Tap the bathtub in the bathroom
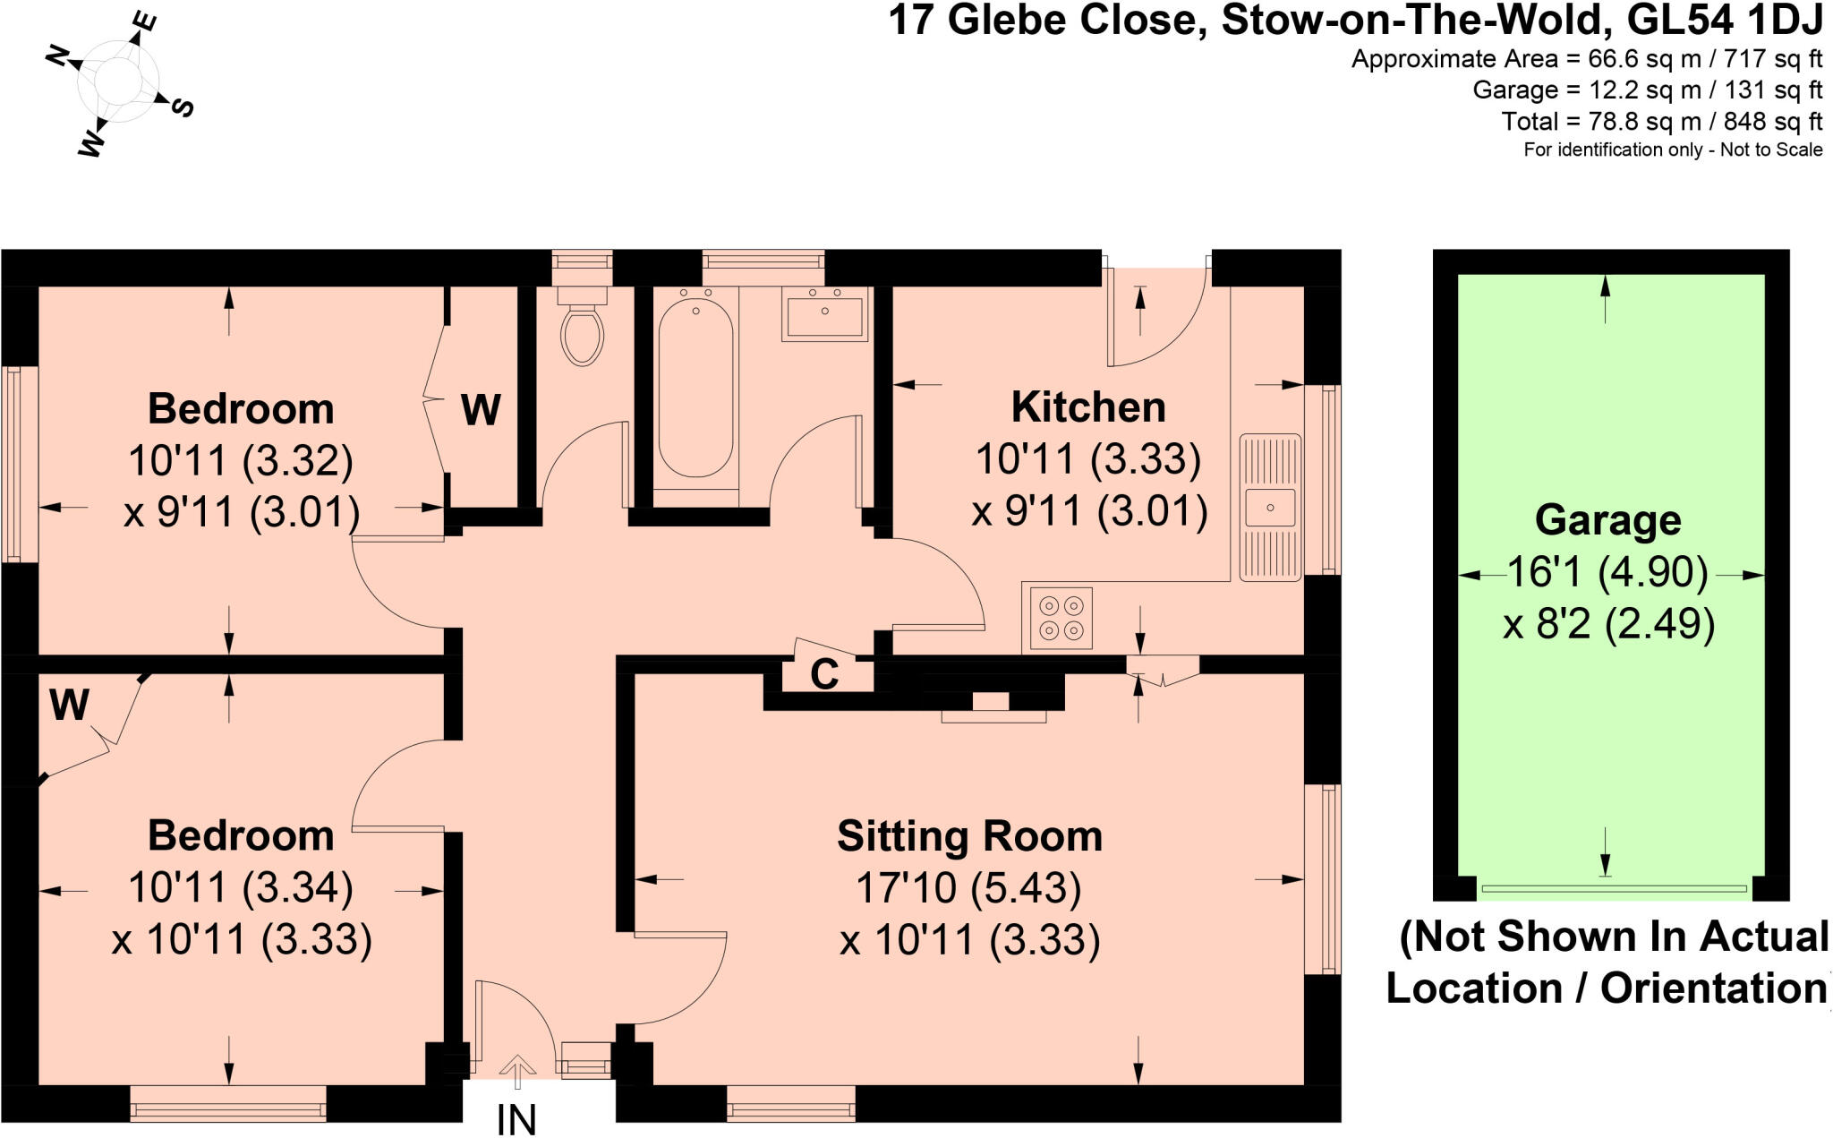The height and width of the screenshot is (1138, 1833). coord(695,388)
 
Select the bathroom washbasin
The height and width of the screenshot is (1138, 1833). coord(824,314)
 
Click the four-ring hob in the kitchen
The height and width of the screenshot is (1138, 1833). coord(1061,618)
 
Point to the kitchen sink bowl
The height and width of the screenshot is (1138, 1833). coord(1270,508)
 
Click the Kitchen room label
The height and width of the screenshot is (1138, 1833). coord(1088,407)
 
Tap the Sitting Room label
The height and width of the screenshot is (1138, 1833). coord(969,836)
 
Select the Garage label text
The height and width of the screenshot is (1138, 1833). coord(1607,520)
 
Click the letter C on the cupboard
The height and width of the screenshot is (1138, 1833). coord(824,675)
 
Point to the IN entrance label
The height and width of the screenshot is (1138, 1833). coord(516,1119)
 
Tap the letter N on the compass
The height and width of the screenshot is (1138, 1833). coord(59,57)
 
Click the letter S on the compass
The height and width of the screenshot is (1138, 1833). coord(183,107)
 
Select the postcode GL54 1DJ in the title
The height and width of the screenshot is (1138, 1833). coord(1721,20)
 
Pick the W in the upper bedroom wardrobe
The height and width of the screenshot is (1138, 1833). coord(481,410)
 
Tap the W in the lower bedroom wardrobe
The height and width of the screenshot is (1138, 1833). coord(69,705)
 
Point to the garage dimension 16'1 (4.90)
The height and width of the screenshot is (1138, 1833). coord(1607,572)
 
